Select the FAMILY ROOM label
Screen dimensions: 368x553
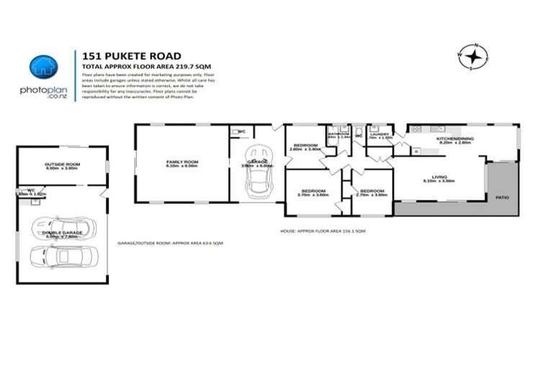point(181,162)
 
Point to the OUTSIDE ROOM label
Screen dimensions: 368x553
point(61,165)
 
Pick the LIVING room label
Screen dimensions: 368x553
point(439,177)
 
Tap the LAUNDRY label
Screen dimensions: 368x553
point(379,134)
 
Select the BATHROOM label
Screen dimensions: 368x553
point(338,134)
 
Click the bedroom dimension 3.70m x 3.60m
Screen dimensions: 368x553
point(313,195)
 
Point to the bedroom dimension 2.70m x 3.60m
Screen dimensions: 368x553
point(372,195)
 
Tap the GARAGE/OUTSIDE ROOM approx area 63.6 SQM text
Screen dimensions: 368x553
point(170,244)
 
